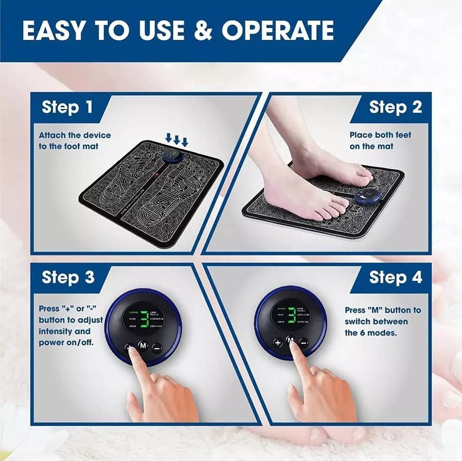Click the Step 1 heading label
click(x=67, y=107)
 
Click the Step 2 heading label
click(x=395, y=107)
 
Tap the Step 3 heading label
click(x=68, y=277)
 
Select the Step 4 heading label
click(x=395, y=277)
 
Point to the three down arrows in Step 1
click(x=176, y=139)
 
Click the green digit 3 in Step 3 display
click(x=143, y=318)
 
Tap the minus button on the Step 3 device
click(x=157, y=348)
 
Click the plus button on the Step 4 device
click(x=278, y=342)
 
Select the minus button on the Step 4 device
click(x=304, y=342)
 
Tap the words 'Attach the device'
click(x=75, y=135)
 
